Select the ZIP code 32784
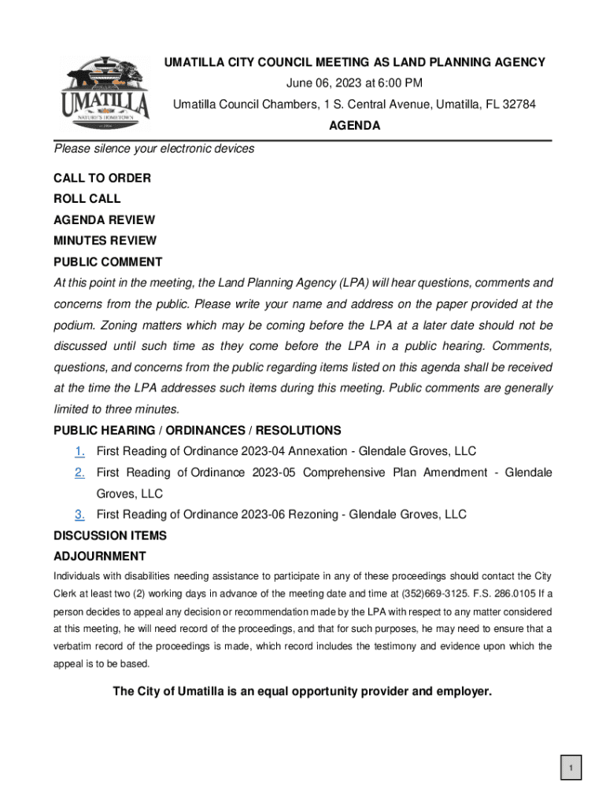tap(519, 105)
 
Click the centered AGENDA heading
tap(354, 126)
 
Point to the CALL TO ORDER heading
tap(102, 178)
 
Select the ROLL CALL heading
tap(87, 199)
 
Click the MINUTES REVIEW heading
tap(105, 241)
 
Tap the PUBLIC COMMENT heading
tap(108, 262)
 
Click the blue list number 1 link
tap(79, 451)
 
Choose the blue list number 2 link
tap(79, 472)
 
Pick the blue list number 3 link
tap(79, 515)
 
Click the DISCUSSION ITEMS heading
tap(109, 536)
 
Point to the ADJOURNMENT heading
tap(99, 557)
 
